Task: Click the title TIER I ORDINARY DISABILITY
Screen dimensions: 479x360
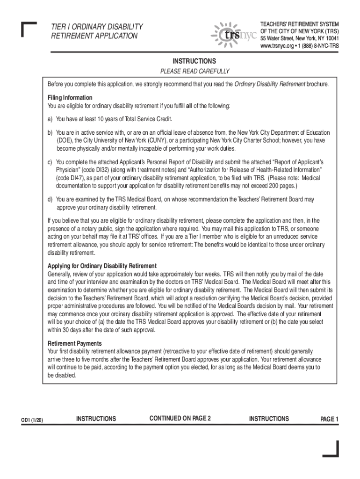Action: pyautogui.click(x=97, y=27)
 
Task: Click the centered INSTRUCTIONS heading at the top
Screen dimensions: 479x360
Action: pyautogui.click(x=194, y=61)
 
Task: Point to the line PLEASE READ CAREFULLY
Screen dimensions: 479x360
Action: pyautogui.click(x=195, y=72)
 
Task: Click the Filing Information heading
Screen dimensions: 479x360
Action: pyautogui.click(x=70, y=98)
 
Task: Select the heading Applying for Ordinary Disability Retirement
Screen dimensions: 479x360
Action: pyautogui.click(x=102, y=266)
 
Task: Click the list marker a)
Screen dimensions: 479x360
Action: pyautogui.click(x=50, y=119)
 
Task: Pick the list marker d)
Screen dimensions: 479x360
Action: pyautogui.click(x=50, y=199)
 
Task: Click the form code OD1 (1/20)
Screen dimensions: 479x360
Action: pyautogui.click(x=33, y=420)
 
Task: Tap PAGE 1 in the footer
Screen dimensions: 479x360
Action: pyautogui.click(x=329, y=420)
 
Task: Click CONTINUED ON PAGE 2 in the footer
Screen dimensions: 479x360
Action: pyautogui.click(x=180, y=418)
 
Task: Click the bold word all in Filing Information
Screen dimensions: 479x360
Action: pyautogui.click(x=189, y=106)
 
